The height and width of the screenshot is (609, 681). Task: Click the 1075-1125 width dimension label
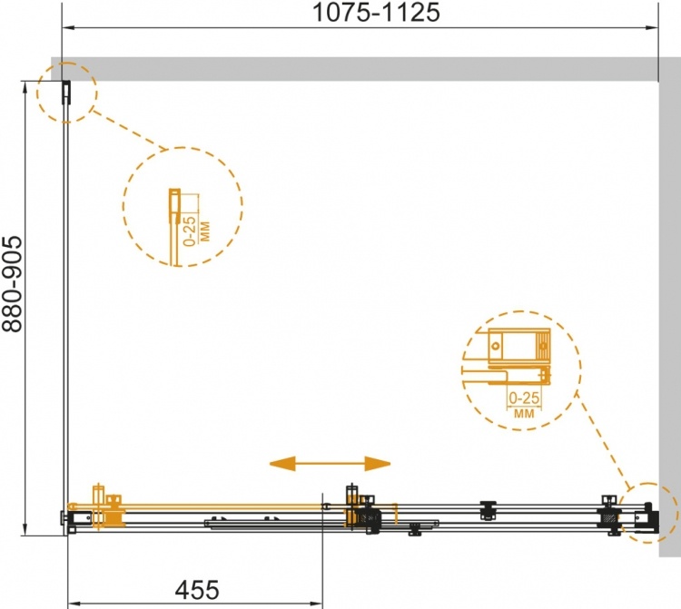tap(376, 12)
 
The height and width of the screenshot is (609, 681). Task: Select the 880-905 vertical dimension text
tap(12, 284)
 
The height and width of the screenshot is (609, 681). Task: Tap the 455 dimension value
tap(197, 590)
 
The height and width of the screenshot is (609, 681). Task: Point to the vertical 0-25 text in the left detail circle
tap(190, 231)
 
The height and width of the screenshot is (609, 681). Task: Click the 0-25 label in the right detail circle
tap(524, 398)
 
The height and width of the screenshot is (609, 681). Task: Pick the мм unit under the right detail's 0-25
tap(524, 413)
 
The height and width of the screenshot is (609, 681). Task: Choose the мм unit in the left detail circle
tap(204, 231)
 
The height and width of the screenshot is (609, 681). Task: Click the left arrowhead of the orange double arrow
tap(282, 464)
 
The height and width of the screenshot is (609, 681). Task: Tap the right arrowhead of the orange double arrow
tap(378, 464)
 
